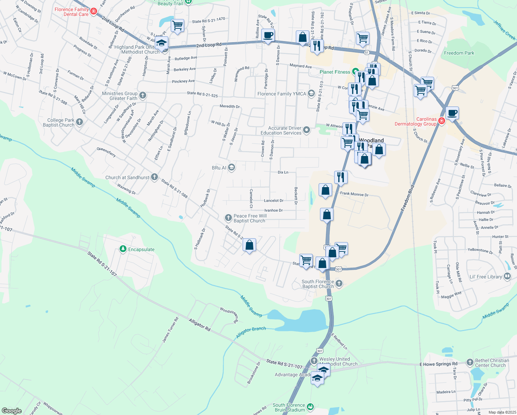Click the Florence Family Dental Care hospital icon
[x=93, y=12]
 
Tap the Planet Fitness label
[x=335, y=72]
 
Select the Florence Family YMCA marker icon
[x=311, y=93]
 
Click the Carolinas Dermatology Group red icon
[x=441, y=121]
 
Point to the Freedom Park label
[x=459, y=53]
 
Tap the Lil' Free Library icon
[x=507, y=276]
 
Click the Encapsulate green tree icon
[x=123, y=249]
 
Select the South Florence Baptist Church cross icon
[x=339, y=284]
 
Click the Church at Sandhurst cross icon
[x=154, y=177]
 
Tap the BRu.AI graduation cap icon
[x=232, y=168]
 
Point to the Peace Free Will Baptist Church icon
[x=228, y=218]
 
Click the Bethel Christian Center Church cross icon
[x=470, y=362]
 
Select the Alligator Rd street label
[x=199, y=325]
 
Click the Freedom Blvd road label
[x=407, y=198]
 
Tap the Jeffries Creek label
[x=504, y=30]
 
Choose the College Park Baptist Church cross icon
[x=79, y=122]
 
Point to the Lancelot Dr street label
[x=273, y=201]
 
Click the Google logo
[x=12, y=411]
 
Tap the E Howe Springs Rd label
[x=438, y=364]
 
